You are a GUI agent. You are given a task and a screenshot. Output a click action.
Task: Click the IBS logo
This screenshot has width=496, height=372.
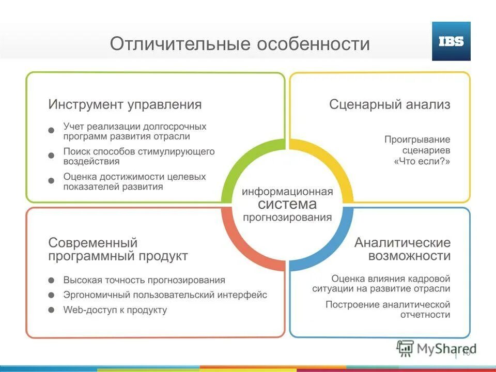[x=451, y=41]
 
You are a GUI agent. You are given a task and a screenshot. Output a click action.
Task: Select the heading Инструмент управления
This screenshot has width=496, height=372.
[x=125, y=104]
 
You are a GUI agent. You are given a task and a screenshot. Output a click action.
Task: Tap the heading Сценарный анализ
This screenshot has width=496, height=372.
[x=390, y=104]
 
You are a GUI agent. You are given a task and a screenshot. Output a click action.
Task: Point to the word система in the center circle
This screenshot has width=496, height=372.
[x=287, y=204]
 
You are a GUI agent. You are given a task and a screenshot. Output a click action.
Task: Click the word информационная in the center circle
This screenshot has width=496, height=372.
[x=287, y=192]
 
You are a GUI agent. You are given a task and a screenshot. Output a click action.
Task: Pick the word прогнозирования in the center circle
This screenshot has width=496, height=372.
[x=287, y=217]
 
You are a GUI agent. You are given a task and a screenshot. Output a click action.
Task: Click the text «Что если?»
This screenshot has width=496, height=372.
[x=422, y=161]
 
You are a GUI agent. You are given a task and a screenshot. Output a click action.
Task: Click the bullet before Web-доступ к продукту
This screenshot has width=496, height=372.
[x=51, y=311]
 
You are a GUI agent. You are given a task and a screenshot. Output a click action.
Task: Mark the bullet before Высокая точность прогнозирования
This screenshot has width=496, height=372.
[x=51, y=281]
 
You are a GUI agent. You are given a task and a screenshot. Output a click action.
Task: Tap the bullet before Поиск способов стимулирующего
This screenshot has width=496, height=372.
[x=51, y=156]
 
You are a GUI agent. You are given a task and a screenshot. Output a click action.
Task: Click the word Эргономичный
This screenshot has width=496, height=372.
[x=97, y=295]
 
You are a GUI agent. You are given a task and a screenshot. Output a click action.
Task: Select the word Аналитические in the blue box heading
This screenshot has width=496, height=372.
[x=402, y=242]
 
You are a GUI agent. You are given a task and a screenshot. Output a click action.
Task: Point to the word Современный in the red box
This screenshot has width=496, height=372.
[x=93, y=242]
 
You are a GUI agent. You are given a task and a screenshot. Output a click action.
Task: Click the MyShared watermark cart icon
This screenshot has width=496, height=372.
[x=406, y=348]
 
